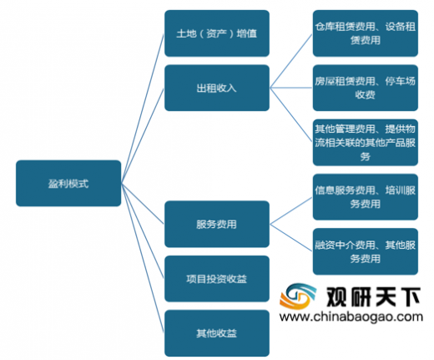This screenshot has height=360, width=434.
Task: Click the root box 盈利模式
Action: click(68, 183)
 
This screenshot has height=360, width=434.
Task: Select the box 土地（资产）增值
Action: click(217, 33)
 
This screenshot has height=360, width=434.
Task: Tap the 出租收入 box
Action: click(217, 88)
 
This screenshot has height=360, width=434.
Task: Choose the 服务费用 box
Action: click(217, 224)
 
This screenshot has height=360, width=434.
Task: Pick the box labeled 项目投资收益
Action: click(217, 279)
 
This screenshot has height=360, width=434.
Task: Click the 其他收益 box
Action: click(217, 333)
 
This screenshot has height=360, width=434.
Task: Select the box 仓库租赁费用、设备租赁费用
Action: click(366, 33)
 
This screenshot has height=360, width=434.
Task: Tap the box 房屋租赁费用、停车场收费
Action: click(366, 88)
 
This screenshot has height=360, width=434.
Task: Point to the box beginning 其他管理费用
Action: click(366, 143)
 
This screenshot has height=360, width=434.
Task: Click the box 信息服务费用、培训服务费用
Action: click(366, 197)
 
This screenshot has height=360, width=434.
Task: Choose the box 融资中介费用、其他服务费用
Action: click(366, 251)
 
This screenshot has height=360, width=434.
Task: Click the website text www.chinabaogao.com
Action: click(351, 317)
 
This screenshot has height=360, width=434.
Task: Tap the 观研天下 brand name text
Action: click(373, 297)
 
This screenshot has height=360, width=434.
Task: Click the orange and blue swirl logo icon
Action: click(298, 296)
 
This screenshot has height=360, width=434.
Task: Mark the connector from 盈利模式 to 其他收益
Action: click(143, 258)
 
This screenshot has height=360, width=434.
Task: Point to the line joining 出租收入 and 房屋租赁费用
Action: click(291, 88)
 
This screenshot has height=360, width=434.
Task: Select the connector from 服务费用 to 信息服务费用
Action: click(291, 210)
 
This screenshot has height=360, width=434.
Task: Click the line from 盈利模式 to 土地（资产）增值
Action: click(143, 109)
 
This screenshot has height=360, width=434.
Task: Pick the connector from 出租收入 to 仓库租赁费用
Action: click(291, 61)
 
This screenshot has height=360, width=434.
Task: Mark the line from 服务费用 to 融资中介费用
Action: click(291, 238)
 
